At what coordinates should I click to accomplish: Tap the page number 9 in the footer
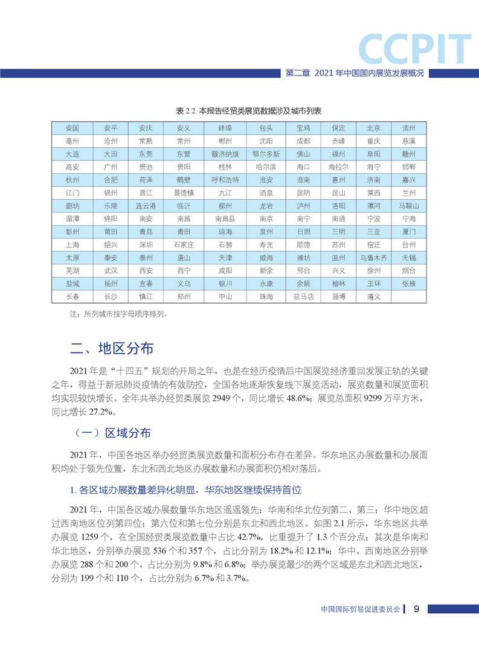tap(417, 609)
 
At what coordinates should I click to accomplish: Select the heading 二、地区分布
tap(112, 348)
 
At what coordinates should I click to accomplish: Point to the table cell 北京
tap(373, 129)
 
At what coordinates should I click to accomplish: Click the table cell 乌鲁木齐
tap(373, 257)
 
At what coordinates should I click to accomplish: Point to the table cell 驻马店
tap(303, 296)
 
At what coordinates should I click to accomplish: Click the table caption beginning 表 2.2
tap(239, 112)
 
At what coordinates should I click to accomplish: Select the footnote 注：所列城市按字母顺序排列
tap(118, 314)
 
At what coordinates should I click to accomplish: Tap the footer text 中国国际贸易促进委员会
tap(361, 610)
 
